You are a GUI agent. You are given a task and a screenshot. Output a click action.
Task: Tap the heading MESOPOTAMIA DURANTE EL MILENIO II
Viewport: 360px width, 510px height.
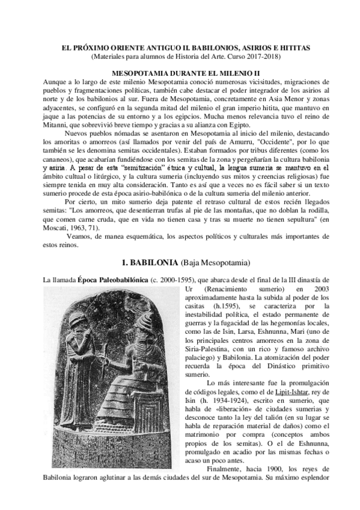pyautogui.click(x=180, y=72)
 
